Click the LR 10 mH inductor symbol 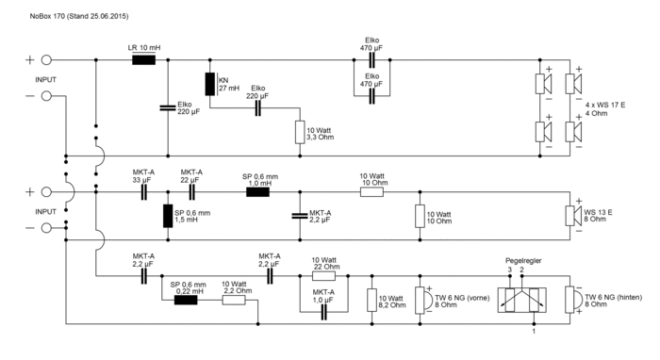pos(143,59)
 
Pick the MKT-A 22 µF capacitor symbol pos(192,191)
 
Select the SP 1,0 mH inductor pos(257,191)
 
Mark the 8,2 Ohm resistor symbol pos(371,299)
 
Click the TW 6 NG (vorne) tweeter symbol pos(420,299)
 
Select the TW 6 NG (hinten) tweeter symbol pos(569,299)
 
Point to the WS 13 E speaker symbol pos(572,216)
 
